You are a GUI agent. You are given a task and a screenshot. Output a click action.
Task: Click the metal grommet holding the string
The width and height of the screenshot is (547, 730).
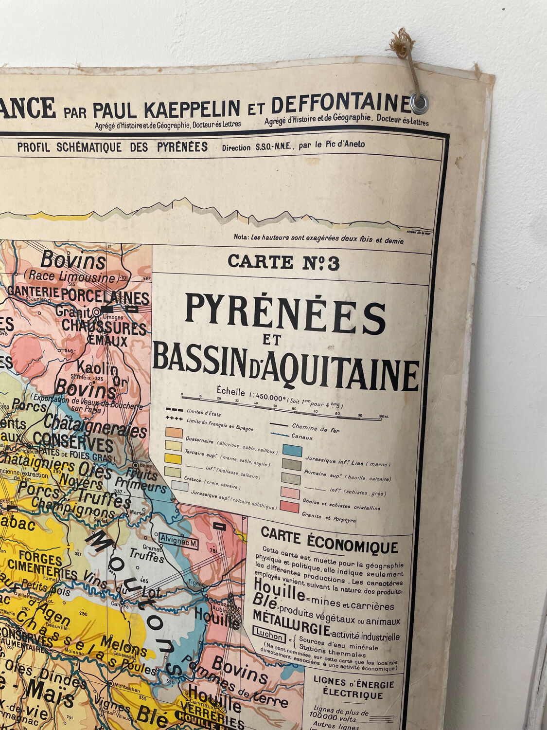pyautogui.click(x=419, y=102)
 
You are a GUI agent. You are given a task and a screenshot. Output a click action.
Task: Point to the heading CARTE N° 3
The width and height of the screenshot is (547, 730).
pyautogui.click(x=283, y=262)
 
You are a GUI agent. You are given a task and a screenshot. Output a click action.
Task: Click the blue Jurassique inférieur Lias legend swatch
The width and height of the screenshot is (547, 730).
pyautogui.click(x=292, y=451)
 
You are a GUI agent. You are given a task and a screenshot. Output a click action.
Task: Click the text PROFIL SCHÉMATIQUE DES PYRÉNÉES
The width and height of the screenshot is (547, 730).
pyautogui.click(x=112, y=147)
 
